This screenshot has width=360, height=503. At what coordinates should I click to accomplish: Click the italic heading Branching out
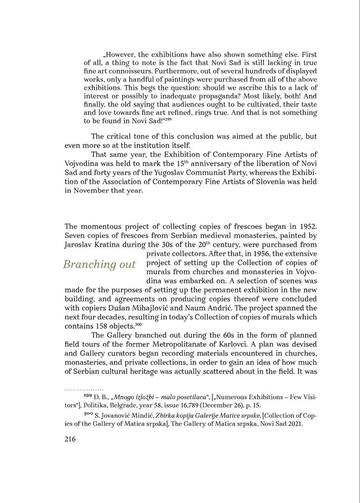point(99,265)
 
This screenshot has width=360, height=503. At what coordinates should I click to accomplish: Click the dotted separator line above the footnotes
point(84,389)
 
